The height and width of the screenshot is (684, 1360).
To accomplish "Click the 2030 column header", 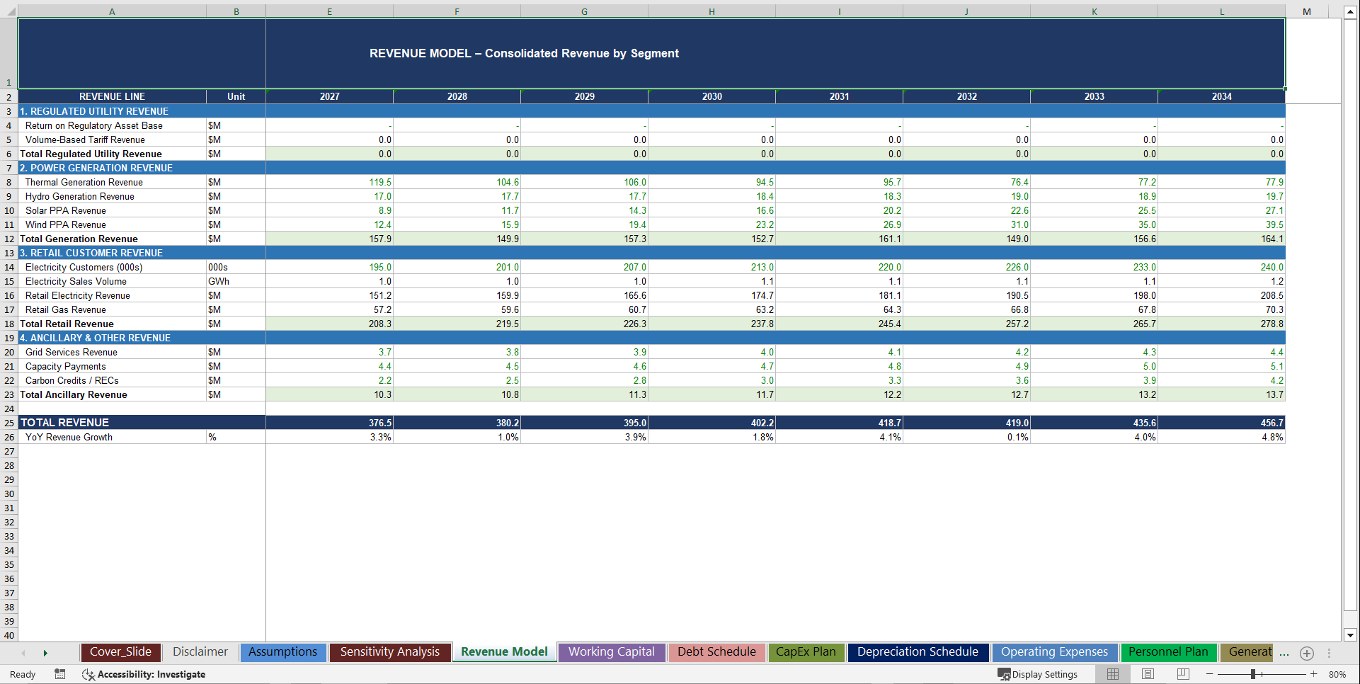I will click(712, 96).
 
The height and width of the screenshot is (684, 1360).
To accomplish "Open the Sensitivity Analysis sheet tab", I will click(389, 652).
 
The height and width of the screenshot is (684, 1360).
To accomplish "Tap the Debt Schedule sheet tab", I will click(716, 652).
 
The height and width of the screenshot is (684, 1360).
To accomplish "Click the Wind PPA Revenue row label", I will click(66, 224).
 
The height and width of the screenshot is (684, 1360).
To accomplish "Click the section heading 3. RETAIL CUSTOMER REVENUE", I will click(91, 253).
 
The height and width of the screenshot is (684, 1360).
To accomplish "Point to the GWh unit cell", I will click(219, 281).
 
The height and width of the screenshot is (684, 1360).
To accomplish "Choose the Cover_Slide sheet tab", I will click(120, 652).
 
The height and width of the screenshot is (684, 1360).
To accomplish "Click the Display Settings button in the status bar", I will click(1038, 674).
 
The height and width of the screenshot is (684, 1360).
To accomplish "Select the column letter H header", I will click(712, 11).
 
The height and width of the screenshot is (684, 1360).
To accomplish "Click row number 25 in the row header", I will click(9, 423).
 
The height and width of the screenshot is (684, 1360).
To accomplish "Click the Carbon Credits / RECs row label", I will click(72, 380).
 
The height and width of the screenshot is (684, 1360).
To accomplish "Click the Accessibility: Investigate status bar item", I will click(144, 674).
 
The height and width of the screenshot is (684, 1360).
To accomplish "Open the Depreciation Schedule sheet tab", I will click(917, 652).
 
